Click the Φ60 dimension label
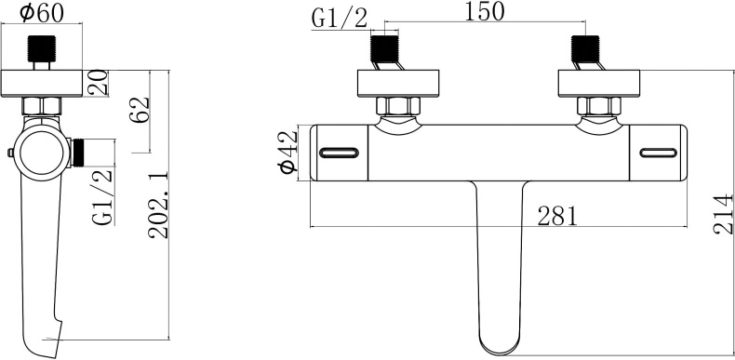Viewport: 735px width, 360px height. click(x=41, y=14)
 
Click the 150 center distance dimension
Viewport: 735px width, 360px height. click(x=484, y=11)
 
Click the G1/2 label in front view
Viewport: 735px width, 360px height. click(x=340, y=18)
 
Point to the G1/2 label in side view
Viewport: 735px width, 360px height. click(x=103, y=195)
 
